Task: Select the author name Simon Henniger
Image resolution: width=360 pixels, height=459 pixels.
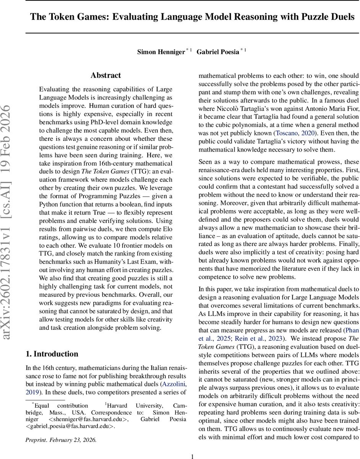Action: pos(161,52)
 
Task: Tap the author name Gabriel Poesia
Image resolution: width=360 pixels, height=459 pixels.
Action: pos(218,52)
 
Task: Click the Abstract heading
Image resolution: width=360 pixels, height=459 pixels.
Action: pos(106,75)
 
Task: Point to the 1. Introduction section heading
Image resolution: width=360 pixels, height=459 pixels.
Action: pos(52,353)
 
